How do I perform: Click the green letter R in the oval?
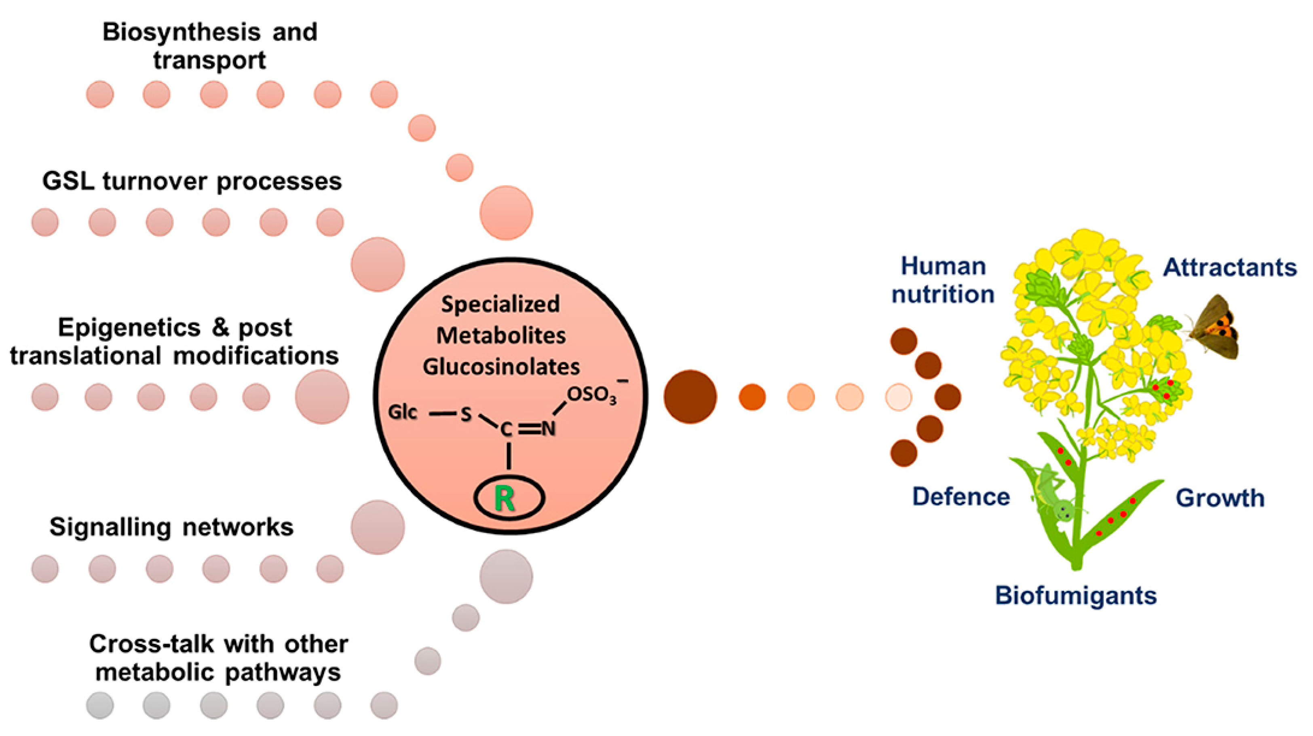(505, 499)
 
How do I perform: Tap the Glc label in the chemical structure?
(403, 412)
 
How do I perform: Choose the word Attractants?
(1229, 268)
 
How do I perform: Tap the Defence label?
(961, 497)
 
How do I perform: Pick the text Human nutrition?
(943, 280)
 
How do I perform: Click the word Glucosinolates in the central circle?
(501, 367)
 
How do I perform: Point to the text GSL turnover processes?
(192, 182)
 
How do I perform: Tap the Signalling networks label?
(171, 527)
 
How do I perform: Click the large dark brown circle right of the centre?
(690, 397)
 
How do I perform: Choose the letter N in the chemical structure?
(548, 429)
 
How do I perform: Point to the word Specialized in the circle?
(500, 305)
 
